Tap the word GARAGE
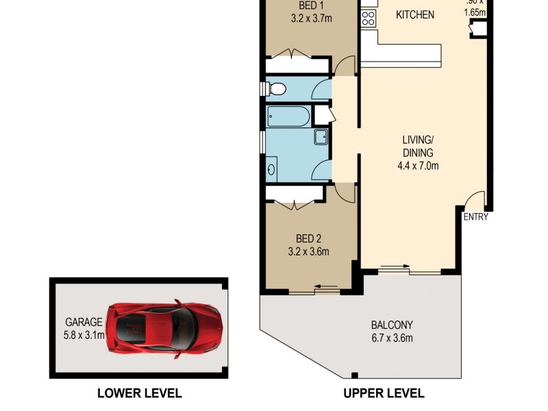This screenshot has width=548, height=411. pos(84,322)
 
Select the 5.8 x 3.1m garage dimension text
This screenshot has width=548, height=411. pos(84,335)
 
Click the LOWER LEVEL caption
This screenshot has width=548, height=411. pos(139,393)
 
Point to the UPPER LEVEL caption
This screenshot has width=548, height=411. pos(384,393)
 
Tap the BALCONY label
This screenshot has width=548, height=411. pos(392,325)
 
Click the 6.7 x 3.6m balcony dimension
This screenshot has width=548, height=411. pos(392,338)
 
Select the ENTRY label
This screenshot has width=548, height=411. pos(476,217)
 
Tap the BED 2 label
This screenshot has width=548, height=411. pos(308,238)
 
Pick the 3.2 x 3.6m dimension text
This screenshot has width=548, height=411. pos(308,251)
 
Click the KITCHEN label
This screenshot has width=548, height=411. pos(415,14)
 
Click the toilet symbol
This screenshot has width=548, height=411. pos(275,89)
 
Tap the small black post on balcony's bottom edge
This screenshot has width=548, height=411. pos(354,375)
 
